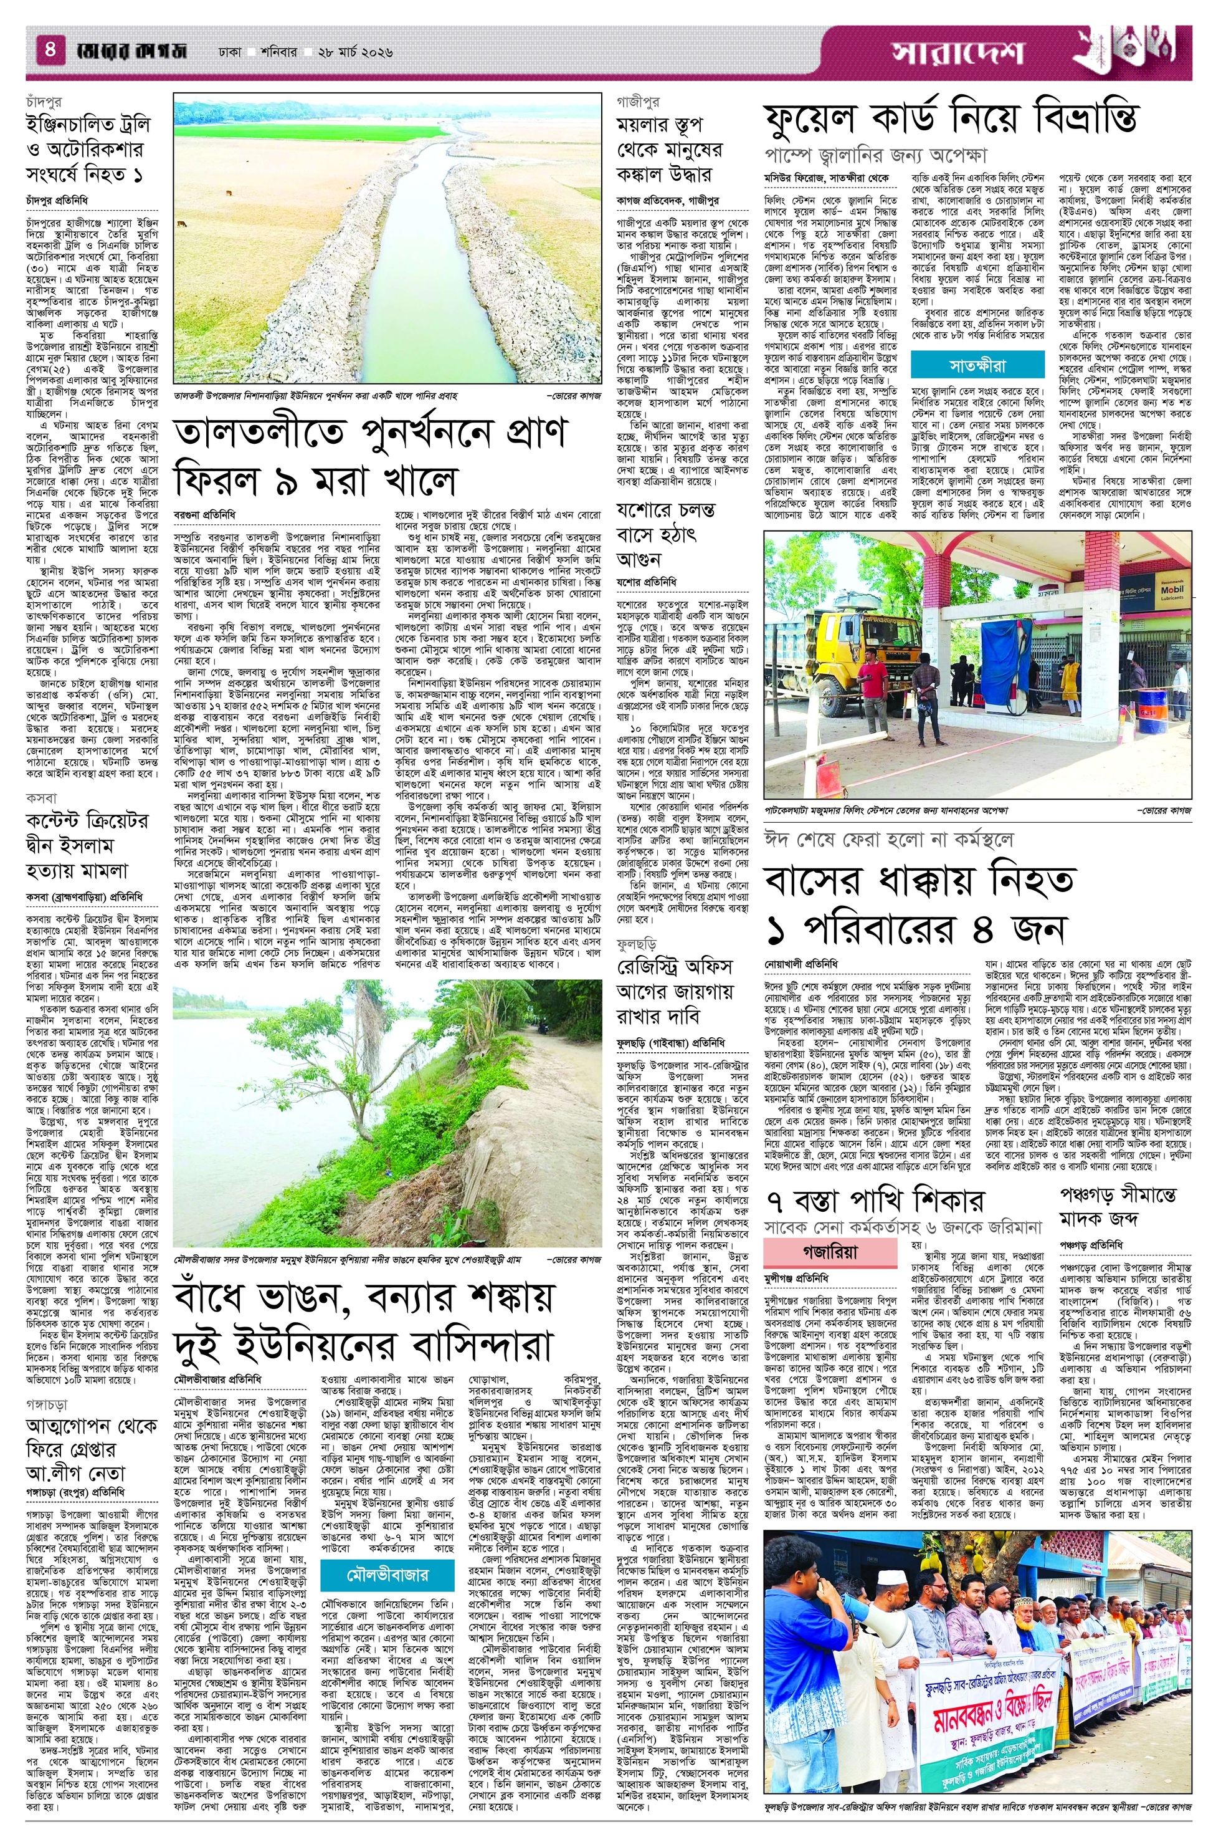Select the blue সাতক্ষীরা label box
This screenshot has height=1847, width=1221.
point(966,365)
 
